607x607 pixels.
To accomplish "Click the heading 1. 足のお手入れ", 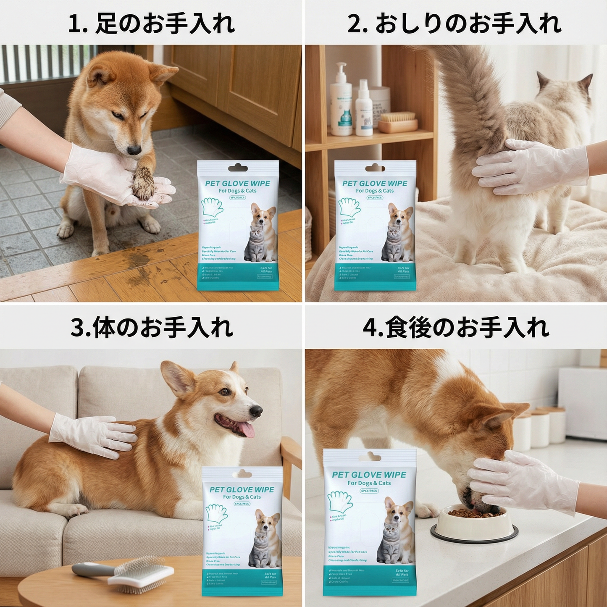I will click(x=151, y=24).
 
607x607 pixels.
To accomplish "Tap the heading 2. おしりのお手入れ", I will click(x=455, y=24).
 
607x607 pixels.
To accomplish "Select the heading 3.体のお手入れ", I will click(x=151, y=327).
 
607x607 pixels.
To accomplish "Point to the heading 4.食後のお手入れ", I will click(x=455, y=327).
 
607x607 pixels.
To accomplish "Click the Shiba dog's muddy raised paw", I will click(x=144, y=184).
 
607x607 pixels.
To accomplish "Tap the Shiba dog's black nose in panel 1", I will click(x=134, y=150).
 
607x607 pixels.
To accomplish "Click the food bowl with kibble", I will click(x=474, y=523).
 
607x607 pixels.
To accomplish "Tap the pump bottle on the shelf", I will click(x=341, y=101).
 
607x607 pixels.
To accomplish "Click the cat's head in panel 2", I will click(x=563, y=97).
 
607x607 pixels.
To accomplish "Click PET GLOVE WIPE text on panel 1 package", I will click(x=237, y=183).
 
